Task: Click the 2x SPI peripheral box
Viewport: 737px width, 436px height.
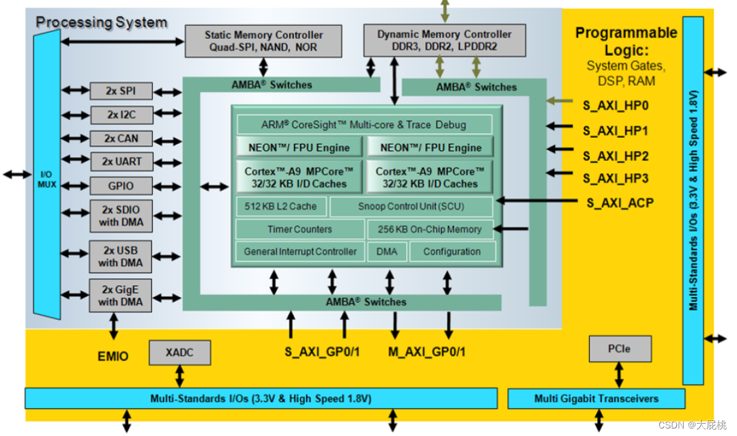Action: (x=121, y=91)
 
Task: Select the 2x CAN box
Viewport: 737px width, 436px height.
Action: (x=121, y=139)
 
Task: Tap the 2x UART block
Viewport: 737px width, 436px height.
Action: (x=121, y=162)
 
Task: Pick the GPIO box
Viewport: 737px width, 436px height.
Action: (x=121, y=186)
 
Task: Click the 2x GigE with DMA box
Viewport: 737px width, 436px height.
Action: (x=121, y=295)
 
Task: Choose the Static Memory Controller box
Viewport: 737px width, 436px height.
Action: (x=263, y=41)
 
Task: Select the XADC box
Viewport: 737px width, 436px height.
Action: (x=179, y=352)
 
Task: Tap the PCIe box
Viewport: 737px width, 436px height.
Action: (x=620, y=349)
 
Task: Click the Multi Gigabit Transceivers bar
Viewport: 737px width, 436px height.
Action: (x=596, y=398)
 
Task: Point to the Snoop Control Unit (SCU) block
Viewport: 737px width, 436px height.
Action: (x=411, y=206)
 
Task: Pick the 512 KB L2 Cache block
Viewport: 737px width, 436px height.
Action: (x=280, y=206)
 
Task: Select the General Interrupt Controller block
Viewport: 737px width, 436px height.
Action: (x=300, y=252)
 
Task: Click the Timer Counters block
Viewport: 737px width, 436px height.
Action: (x=300, y=229)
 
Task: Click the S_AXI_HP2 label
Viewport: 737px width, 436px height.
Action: (x=616, y=156)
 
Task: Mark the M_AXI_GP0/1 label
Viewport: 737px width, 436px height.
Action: (x=427, y=351)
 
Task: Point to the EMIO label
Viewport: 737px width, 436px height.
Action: (x=113, y=355)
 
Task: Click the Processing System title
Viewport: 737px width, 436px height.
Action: (x=102, y=23)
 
